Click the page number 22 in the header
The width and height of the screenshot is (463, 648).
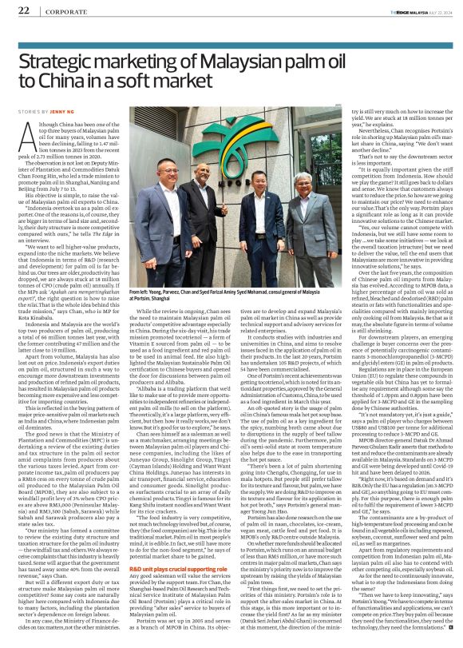click(x=24, y=10)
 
